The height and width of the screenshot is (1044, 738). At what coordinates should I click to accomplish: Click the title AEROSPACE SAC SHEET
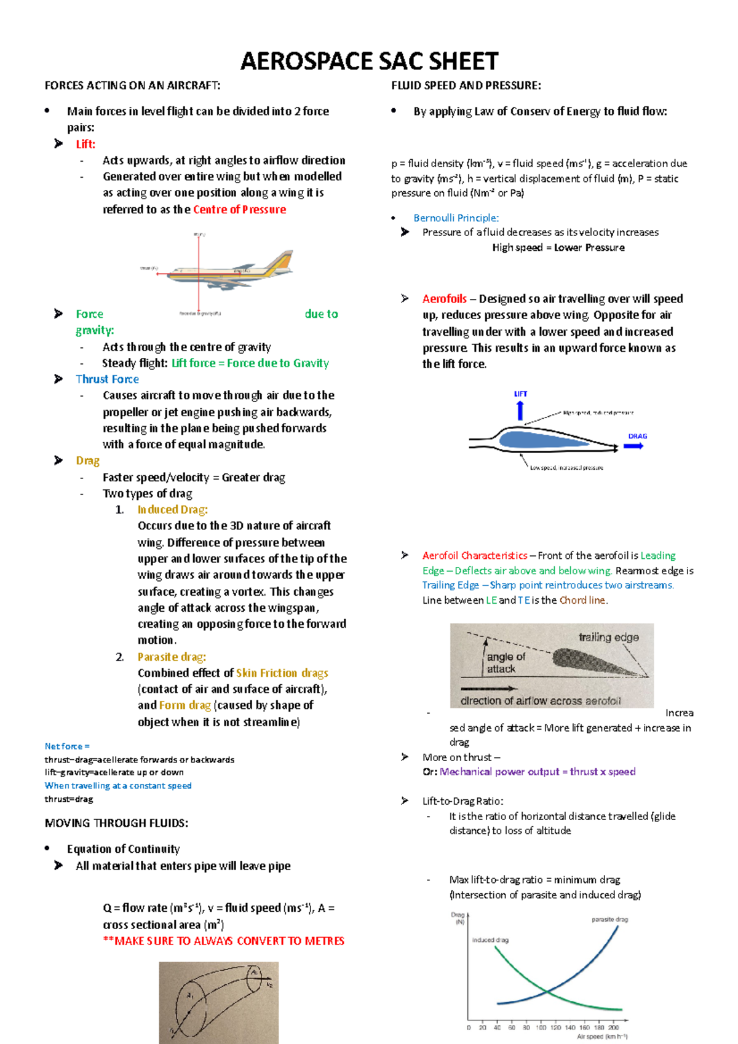click(x=369, y=61)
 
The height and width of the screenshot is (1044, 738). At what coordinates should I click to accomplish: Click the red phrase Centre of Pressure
click(x=239, y=209)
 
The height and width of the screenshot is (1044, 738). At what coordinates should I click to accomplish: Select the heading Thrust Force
click(x=107, y=379)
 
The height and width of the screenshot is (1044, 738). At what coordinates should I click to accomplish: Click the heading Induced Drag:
click(x=172, y=509)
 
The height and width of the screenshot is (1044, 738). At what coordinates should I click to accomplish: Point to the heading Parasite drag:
click(x=172, y=657)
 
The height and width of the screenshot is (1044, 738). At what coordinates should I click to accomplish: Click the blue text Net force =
click(x=67, y=746)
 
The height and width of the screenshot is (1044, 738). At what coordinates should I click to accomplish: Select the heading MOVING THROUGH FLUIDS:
click(x=116, y=823)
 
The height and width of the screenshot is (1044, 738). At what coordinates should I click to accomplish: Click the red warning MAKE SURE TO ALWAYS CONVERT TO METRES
click(x=224, y=941)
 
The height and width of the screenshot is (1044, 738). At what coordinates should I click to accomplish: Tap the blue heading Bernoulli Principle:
click(x=456, y=218)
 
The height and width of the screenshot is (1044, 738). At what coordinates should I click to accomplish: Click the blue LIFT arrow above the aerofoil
click(x=520, y=409)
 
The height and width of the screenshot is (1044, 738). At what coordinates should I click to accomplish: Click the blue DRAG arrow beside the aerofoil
click(x=633, y=446)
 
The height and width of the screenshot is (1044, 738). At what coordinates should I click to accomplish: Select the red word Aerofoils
click(x=444, y=299)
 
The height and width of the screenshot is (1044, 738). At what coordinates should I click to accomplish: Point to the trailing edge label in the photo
click(x=608, y=637)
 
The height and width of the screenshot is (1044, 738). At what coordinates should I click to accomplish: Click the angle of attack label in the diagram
click(x=506, y=662)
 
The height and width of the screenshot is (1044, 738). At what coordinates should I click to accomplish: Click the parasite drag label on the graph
click(x=609, y=919)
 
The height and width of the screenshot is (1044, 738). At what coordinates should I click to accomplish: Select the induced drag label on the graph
click(x=490, y=939)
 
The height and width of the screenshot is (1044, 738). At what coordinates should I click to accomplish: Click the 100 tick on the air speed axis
click(x=541, y=1027)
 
